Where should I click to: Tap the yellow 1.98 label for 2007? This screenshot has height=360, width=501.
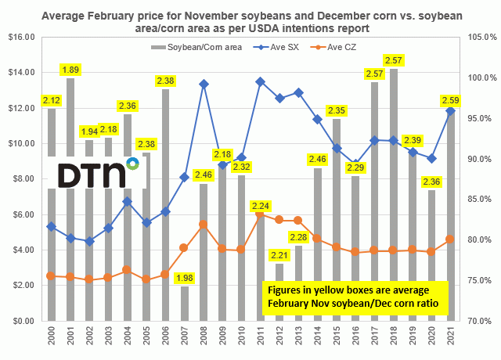[x=185, y=278]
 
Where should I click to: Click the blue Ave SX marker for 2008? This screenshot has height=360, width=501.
[x=204, y=84]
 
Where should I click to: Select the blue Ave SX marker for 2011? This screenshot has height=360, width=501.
[x=260, y=81]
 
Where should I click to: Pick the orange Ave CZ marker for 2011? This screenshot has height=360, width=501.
[x=260, y=214]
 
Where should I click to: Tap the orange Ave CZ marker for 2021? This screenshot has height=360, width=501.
[x=450, y=239]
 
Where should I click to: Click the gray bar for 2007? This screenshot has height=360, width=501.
[x=185, y=304]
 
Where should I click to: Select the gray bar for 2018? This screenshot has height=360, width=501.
[x=393, y=196]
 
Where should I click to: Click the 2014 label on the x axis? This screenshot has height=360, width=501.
[x=317, y=337]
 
